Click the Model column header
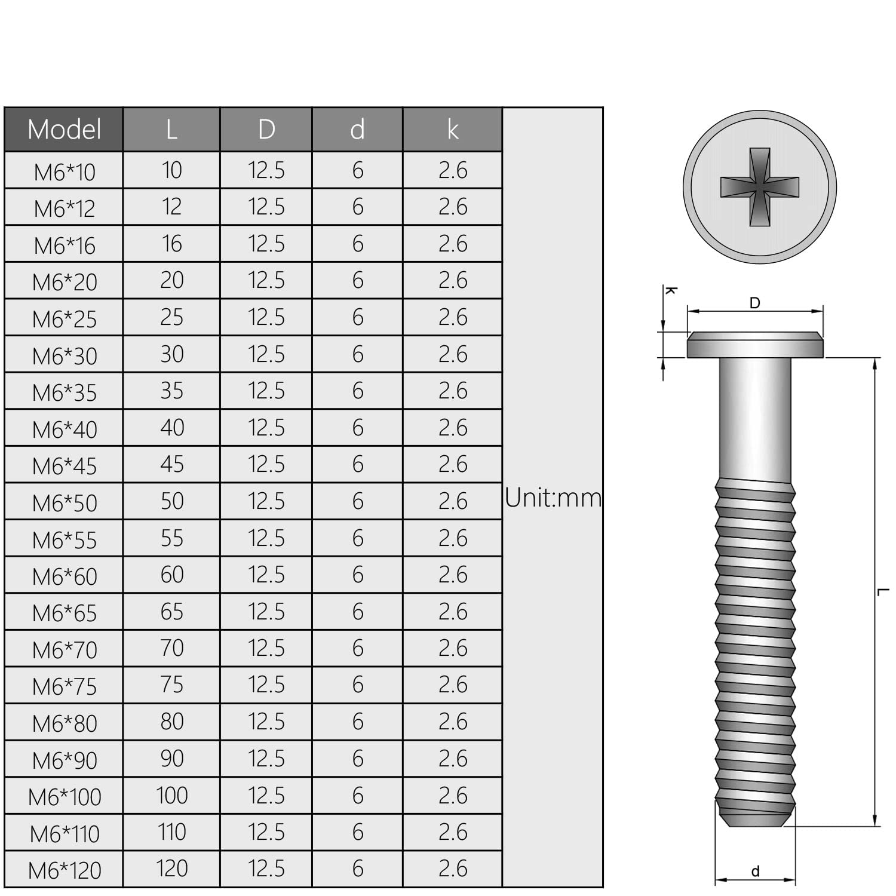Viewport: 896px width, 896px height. coord(64,130)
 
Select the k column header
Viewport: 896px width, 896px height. coord(453,130)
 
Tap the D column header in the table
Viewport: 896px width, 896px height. coord(266,130)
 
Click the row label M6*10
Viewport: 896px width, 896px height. coord(64,172)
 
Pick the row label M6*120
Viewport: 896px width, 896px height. coord(64,870)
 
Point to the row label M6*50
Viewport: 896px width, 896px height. coord(64,503)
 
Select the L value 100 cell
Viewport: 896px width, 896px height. coord(172,796)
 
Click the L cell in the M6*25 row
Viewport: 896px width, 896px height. coord(172,317)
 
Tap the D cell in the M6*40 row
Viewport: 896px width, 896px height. coord(266,428)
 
